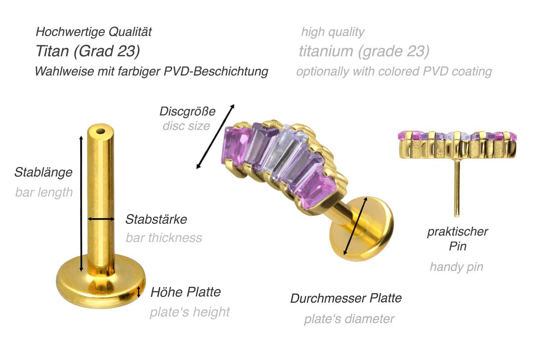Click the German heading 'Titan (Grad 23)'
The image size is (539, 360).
coord(88,51)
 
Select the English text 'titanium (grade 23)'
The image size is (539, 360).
coord(364,51)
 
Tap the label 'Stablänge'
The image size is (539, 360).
coord(43,172)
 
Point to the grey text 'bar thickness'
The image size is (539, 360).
coord(164,238)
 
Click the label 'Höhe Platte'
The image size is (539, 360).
coord(185,292)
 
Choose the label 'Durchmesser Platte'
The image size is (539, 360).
coord(346,298)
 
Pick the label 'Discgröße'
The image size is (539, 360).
coord(188,111)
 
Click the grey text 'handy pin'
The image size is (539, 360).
coord(456,267)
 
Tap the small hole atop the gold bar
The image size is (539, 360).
coord(101,132)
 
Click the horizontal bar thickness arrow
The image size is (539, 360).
coord(101,219)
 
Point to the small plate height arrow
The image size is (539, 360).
coord(138,292)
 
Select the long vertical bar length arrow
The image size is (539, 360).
coord(81,204)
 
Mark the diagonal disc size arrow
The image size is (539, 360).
coord(215,137)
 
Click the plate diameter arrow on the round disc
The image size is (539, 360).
coord(355,226)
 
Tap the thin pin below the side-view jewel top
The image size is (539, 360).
coord(457,188)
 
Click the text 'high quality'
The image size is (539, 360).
coord(333,32)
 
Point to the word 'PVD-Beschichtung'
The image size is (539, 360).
coord(216,71)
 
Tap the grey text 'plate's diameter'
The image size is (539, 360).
coord(349,319)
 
